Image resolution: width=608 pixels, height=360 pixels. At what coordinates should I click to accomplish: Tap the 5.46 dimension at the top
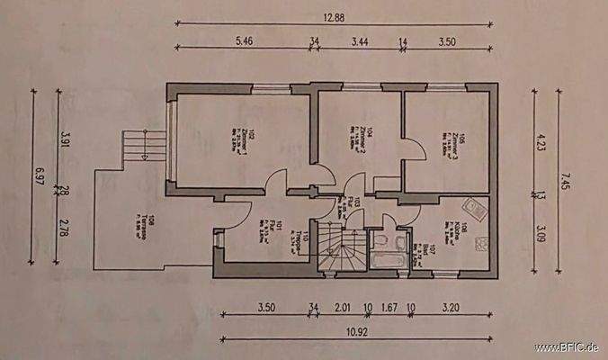click(246, 40)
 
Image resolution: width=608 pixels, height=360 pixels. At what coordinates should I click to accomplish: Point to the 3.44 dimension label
click(361, 40)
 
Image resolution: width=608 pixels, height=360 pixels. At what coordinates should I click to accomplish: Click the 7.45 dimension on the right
click(566, 173)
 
